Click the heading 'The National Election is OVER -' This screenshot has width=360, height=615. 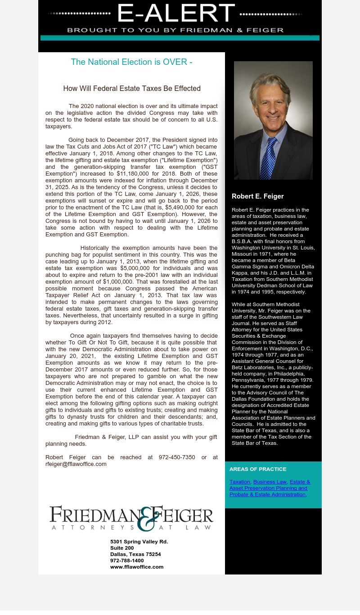click(x=131, y=62)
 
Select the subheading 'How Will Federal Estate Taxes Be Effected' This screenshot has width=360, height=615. click(x=131, y=89)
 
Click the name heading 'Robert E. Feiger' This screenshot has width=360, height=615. click(x=257, y=196)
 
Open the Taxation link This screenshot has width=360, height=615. click(x=239, y=482)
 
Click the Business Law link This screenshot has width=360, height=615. click(x=270, y=482)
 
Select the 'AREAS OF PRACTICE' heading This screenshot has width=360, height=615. click(x=257, y=469)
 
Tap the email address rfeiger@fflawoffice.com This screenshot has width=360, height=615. click(x=76, y=464)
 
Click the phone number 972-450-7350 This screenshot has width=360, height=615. click(x=177, y=457)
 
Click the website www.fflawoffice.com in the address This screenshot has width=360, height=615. click(x=136, y=567)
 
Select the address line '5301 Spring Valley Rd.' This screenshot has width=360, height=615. click(x=139, y=542)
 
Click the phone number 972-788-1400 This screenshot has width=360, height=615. click(x=127, y=561)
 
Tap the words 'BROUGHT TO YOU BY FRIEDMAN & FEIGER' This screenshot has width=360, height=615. click(x=175, y=30)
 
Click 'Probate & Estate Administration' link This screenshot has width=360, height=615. click(x=267, y=494)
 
